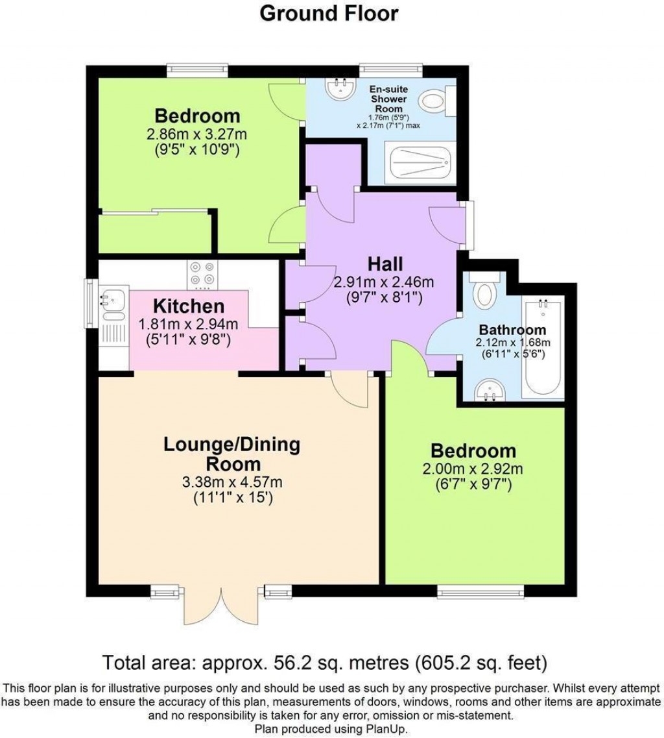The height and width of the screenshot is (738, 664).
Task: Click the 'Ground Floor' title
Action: [329, 13]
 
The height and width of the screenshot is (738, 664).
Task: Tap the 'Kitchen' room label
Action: [189, 306]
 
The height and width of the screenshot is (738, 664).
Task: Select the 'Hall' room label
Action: [385, 264]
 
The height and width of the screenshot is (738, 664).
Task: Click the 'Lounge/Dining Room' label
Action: [231, 454]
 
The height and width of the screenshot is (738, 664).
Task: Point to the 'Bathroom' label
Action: [512, 330]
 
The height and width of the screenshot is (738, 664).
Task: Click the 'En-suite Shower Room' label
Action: [388, 99]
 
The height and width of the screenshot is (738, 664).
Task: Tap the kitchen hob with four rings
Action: [202, 274]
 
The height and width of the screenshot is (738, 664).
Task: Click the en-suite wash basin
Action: [341, 90]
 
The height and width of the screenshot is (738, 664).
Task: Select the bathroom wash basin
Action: [490, 390]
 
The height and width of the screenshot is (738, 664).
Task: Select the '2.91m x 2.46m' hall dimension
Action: [383, 282]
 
